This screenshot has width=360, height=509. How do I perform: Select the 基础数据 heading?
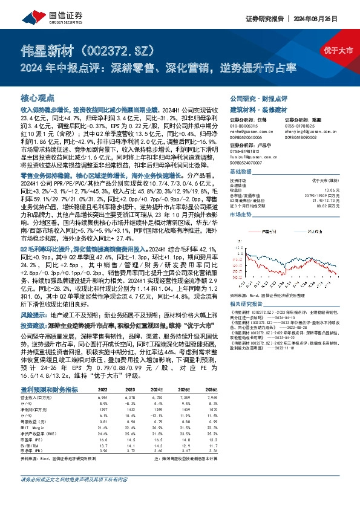241,172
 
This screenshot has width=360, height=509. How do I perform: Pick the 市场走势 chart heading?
241,215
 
